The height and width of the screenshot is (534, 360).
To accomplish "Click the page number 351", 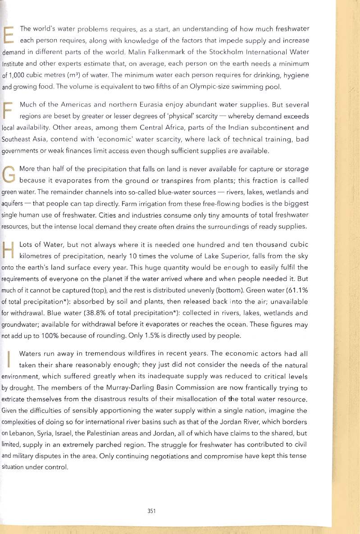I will coord(151,511).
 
